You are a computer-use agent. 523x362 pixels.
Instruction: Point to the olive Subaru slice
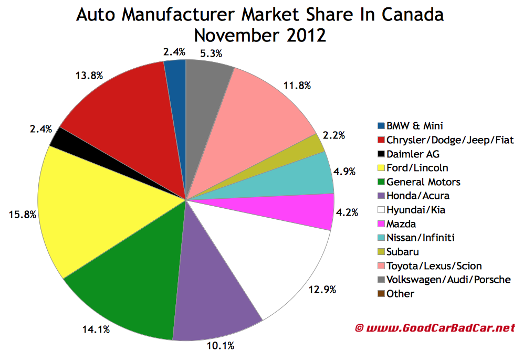coord(310,144)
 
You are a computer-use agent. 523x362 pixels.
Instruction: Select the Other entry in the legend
coord(400,294)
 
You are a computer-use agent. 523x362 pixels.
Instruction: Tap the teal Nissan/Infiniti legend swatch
coord(381,238)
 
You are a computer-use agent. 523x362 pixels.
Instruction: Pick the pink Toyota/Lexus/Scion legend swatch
coord(381,266)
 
